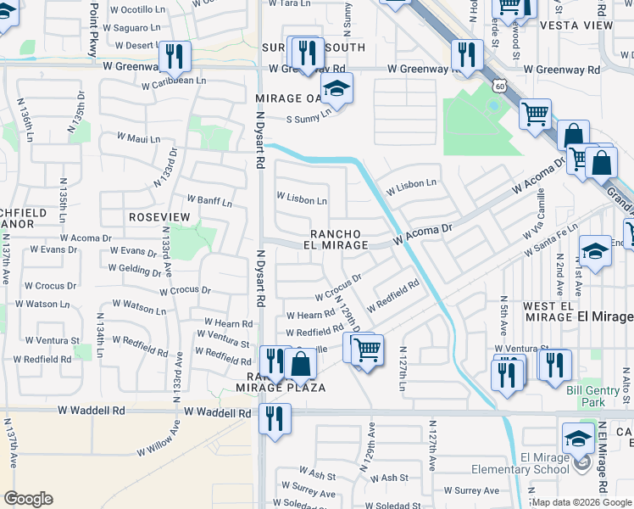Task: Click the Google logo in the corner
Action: [28, 499]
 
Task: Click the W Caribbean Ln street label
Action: [174, 85]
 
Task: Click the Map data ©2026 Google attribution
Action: [581, 502]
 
